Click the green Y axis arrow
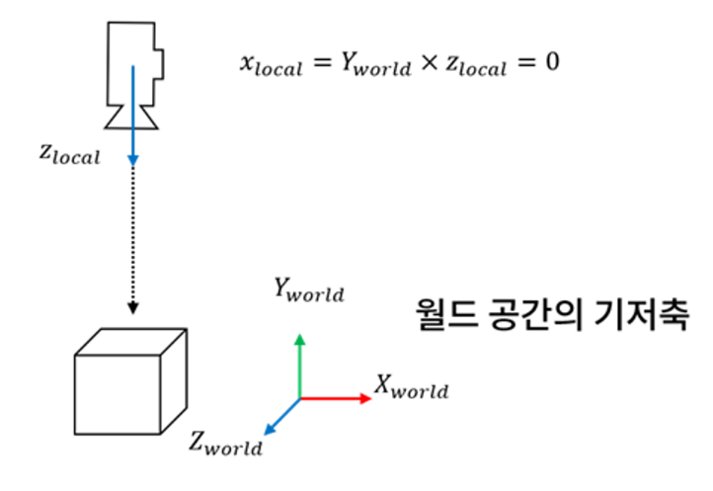pyautogui.click(x=300, y=366)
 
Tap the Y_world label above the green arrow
pyautogui.click(x=309, y=291)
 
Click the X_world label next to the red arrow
pyautogui.click(x=411, y=387)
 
